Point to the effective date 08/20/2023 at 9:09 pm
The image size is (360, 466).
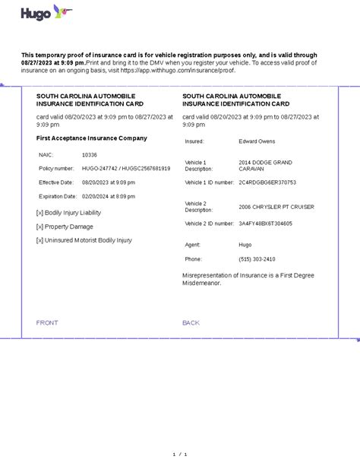tap(109, 182)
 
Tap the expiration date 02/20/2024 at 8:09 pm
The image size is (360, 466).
tap(109, 197)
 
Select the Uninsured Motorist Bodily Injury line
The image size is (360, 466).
tap(84, 240)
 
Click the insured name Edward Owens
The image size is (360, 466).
tap(257, 141)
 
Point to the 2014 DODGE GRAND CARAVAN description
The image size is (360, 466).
tap(264, 166)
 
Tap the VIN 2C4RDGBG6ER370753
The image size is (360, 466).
tap(267, 182)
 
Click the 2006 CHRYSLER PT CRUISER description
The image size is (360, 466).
tap(276, 207)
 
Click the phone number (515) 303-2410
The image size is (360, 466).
tap(257, 259)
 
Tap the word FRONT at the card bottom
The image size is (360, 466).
tap(47, 323)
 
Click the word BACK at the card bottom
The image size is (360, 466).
tap(191, 323)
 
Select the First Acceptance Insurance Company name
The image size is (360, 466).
tap(92, 138)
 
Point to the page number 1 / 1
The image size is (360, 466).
tap(180, 455)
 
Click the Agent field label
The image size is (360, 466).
tap(193, 245)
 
